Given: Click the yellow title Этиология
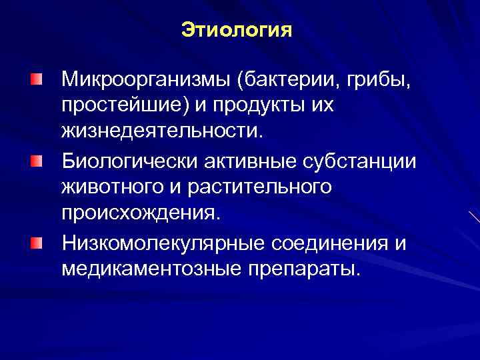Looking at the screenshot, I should (237, 31).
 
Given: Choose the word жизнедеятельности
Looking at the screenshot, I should (163, 130).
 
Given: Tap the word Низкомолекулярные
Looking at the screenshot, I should (163, 244).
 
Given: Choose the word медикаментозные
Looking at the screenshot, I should (143, 269).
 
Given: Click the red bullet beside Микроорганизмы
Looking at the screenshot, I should (35, 81).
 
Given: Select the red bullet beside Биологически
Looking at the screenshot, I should (35, 162).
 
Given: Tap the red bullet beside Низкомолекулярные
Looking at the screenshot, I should (35, 243).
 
